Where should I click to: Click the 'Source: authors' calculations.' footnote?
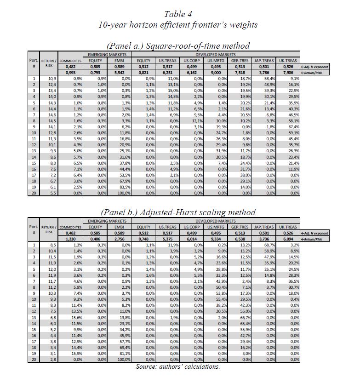coord(178,366)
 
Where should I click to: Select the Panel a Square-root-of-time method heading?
coord(178,46)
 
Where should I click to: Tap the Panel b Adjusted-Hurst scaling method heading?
coord(178,212)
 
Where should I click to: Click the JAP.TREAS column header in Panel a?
coord(264,60)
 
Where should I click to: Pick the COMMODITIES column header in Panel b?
coord(70,227)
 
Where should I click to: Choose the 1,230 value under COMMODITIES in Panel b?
coord(70,239)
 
